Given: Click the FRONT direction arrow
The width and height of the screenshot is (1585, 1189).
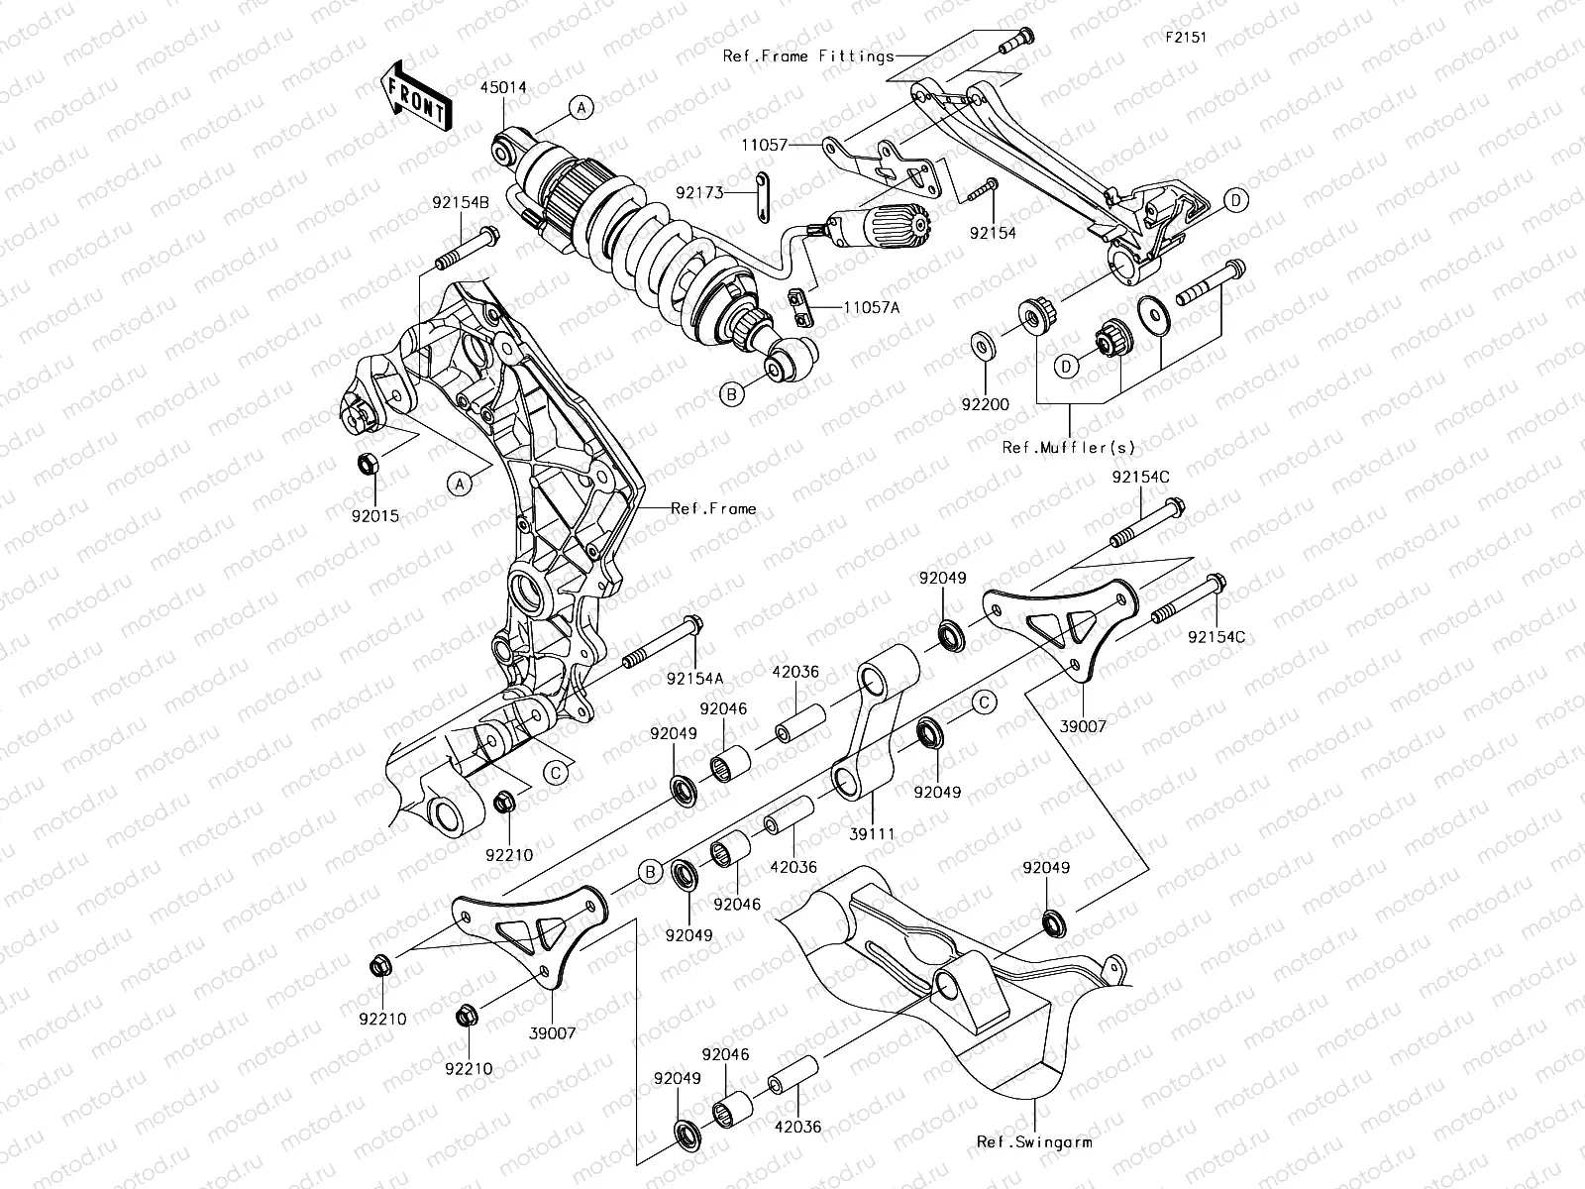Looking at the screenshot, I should click(416, 97).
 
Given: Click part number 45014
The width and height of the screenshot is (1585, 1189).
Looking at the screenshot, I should click(505, 87).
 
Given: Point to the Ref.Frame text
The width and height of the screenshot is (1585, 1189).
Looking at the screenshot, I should click(713, 508).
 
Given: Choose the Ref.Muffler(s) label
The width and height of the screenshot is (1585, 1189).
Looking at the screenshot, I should click(1069, 447).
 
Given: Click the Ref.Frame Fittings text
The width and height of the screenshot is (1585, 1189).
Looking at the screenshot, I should click(807, 56).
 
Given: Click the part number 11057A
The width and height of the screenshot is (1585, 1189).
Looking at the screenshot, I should click(872, 308).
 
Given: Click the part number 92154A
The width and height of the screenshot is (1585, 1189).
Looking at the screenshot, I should click(694, 679).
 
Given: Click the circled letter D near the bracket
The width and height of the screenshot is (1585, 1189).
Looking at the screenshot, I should click(1235, 201).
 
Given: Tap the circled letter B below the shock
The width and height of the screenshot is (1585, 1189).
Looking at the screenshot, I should click(731, 394).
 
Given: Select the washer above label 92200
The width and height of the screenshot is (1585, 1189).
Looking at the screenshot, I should click(985, 344).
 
